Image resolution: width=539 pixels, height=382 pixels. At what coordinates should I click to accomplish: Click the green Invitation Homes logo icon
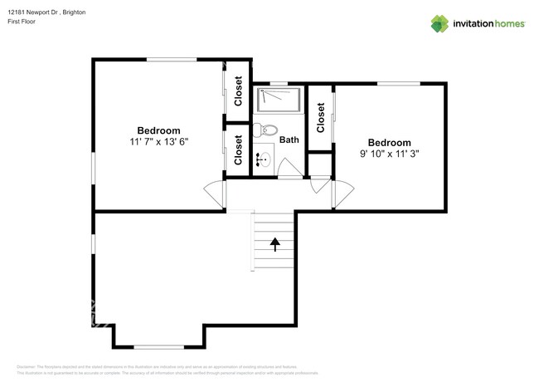click(x=439, y=23)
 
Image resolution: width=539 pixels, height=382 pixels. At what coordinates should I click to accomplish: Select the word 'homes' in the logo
click(x=507, y=24)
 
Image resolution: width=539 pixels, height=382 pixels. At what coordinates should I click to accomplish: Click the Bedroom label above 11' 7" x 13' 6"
click(x=158, y=130)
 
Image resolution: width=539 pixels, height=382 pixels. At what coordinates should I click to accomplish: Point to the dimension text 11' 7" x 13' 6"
click(x=158, y=142)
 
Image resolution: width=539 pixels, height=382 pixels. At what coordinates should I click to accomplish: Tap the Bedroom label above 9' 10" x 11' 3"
click(x=389, y=143)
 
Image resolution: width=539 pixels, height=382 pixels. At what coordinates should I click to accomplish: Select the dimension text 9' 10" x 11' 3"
click(x=389, y=154)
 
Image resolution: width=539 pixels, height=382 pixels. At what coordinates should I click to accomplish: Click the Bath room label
click(x=289, y=140)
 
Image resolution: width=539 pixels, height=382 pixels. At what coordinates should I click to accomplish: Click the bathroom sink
click(x=264, y=158)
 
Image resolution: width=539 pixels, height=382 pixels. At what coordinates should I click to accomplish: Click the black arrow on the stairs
click(x=274, y=242)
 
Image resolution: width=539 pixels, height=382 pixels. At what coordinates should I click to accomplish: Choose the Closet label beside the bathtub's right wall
click(x=320, y=117)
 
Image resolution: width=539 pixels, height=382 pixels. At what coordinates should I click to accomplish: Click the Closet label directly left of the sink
click(x=238, y=150)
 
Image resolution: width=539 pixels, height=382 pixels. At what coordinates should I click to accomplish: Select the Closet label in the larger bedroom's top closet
click(x=238, y=91)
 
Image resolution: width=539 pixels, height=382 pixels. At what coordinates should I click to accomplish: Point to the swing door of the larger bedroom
click(x=215, y=194)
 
